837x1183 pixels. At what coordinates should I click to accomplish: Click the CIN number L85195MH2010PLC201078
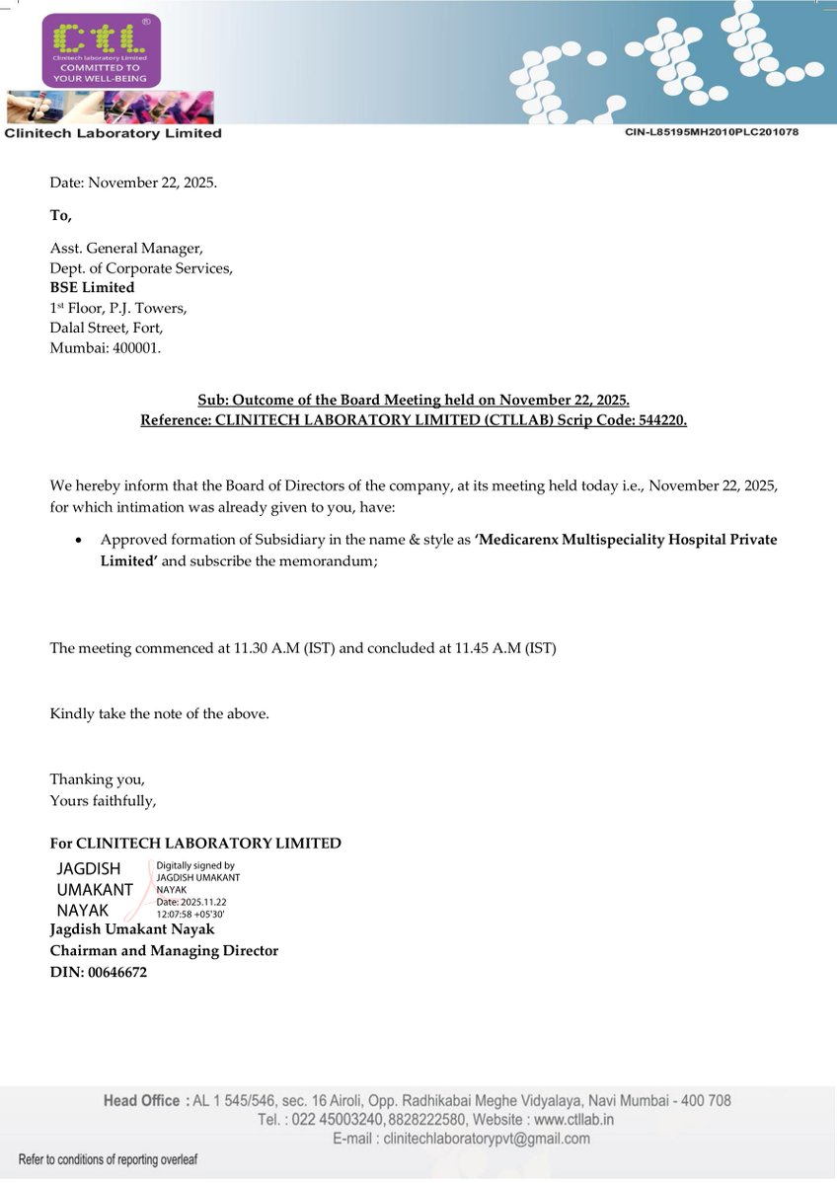coord(711,131)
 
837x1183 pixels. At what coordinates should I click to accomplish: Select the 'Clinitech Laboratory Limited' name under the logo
coord(114,133)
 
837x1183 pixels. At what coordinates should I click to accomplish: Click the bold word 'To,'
coord(61,215)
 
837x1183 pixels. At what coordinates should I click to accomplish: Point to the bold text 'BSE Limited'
coord(92,287)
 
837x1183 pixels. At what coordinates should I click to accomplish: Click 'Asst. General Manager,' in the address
coord(126,248)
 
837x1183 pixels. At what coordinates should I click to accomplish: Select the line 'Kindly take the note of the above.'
coord(159,713)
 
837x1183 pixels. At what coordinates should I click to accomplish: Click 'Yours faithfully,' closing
coord(103,800)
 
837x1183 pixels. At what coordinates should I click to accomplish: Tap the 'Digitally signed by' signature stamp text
coord(195,865)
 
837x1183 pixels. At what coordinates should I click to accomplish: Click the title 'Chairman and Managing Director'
coord(164,950)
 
